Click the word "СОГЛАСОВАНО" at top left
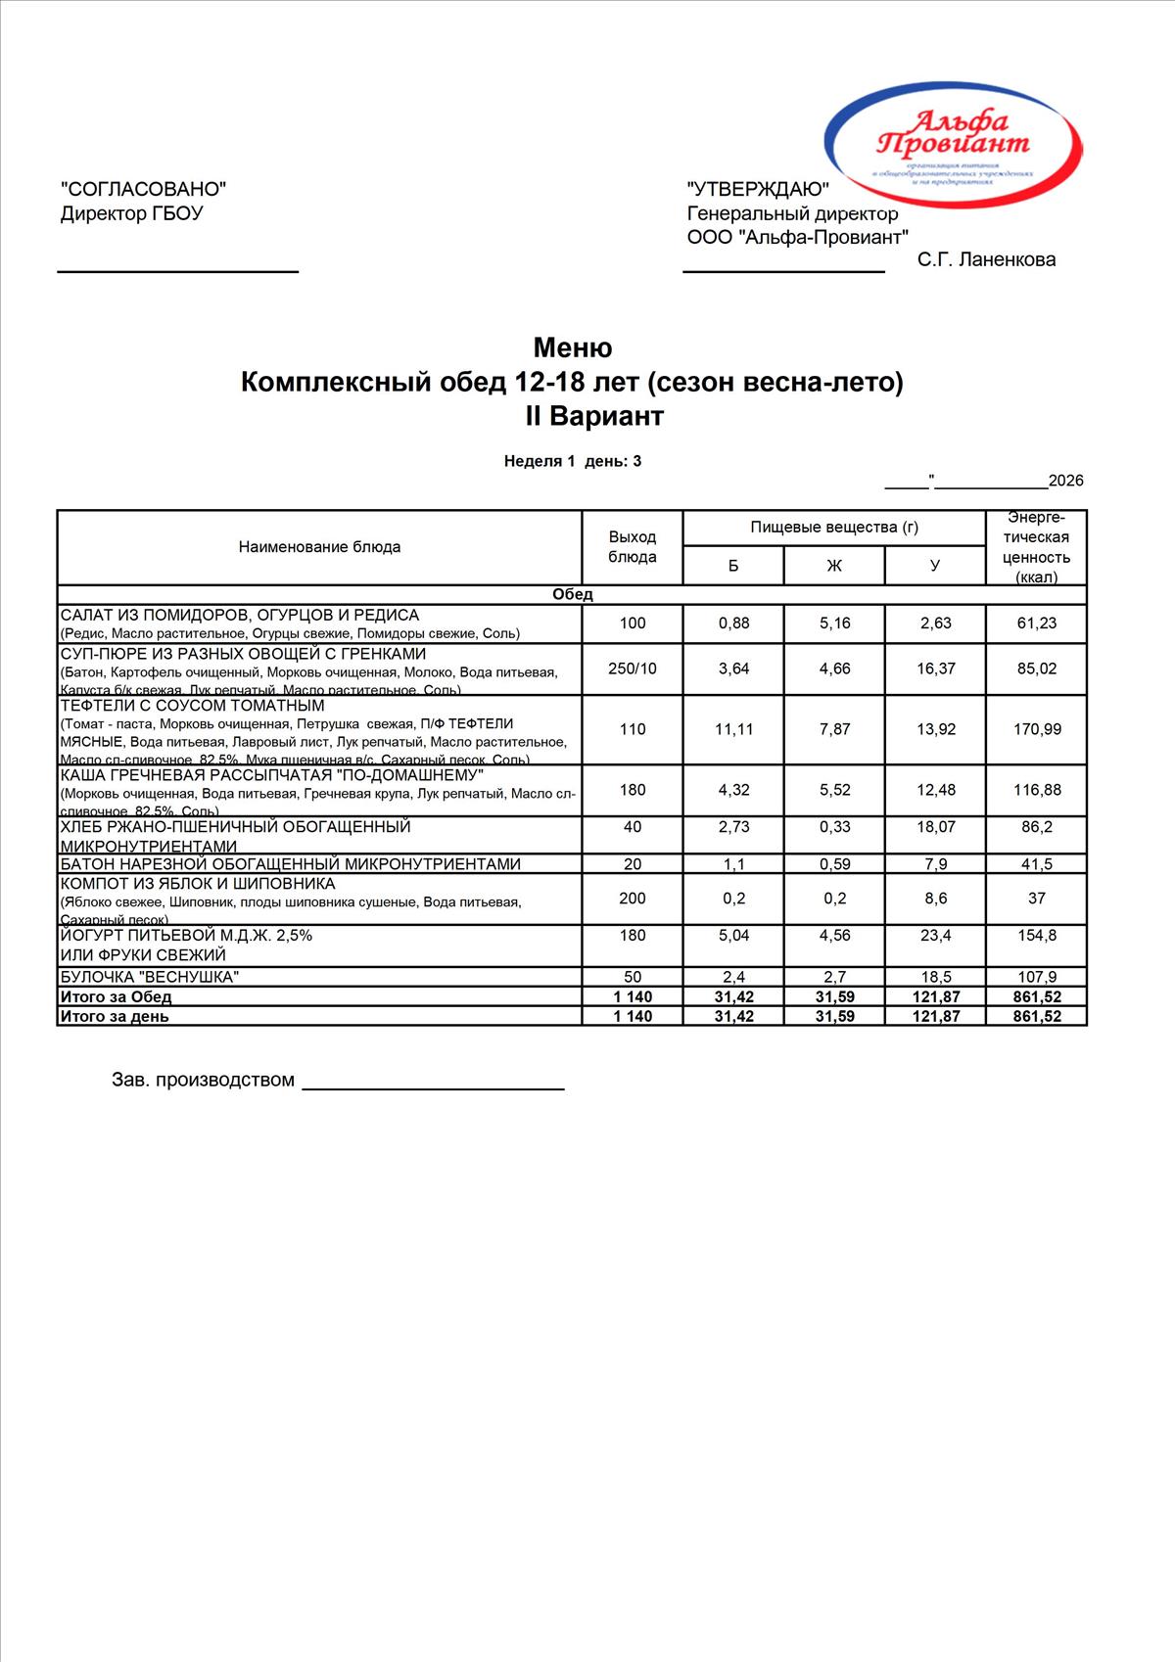(144, 189)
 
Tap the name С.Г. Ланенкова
(986, 259)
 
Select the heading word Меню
(572, 347)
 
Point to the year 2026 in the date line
(1065, 481)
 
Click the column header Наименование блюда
(319, 546)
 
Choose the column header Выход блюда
(633, 546)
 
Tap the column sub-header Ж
(834, 565)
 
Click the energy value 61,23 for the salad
(1036, 623)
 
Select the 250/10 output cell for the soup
(633, 669)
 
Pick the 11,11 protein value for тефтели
(733, 729)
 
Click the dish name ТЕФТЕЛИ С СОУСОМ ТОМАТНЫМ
(192, 706)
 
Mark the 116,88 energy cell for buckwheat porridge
(1036, 790)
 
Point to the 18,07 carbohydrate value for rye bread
(935, 827)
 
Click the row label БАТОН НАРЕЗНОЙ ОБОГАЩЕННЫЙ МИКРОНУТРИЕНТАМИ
(291, 864)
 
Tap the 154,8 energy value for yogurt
(1036, 936)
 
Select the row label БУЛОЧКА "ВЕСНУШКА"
(150, 977)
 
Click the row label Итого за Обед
(116, 996)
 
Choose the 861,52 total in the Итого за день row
(1036, 1016)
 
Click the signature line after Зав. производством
(433, 1086)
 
